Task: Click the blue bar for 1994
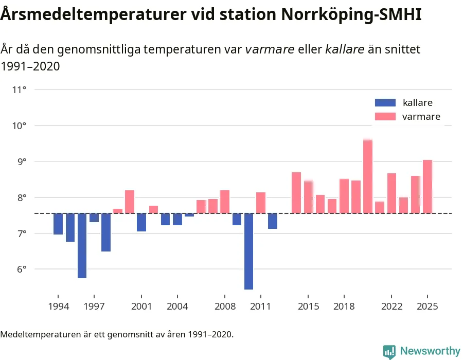pyautogui.click(x=58, y=224)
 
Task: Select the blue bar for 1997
pyautogui.click(x=94, y=218)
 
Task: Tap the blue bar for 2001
pyautogui.click(x=141, y=222)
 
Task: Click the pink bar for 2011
pyautogui.click(x=261, y=203)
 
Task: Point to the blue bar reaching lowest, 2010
pyautogui.click(x=248, y=251)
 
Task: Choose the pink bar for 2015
pyautogui.click(x=308, y=197)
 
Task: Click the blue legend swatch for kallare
pyautogui.click(x=385, y=103)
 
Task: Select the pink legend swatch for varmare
pyautogui.click(x=385, y=117)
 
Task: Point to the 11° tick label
pyautogui.click(x=20, y=90)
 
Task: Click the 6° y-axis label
pyautogui.click(x=20, y=269)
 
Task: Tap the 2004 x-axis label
pyautogui.click(x=177, y=307)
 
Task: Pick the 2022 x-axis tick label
pyautogui.click(x=391, y=307)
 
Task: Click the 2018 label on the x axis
pyautogui.click(x=344, y=307)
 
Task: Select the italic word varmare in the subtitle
pyautogui.click(x=270, y=49)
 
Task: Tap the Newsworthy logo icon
pyautogui.click(x=389, y=351)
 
